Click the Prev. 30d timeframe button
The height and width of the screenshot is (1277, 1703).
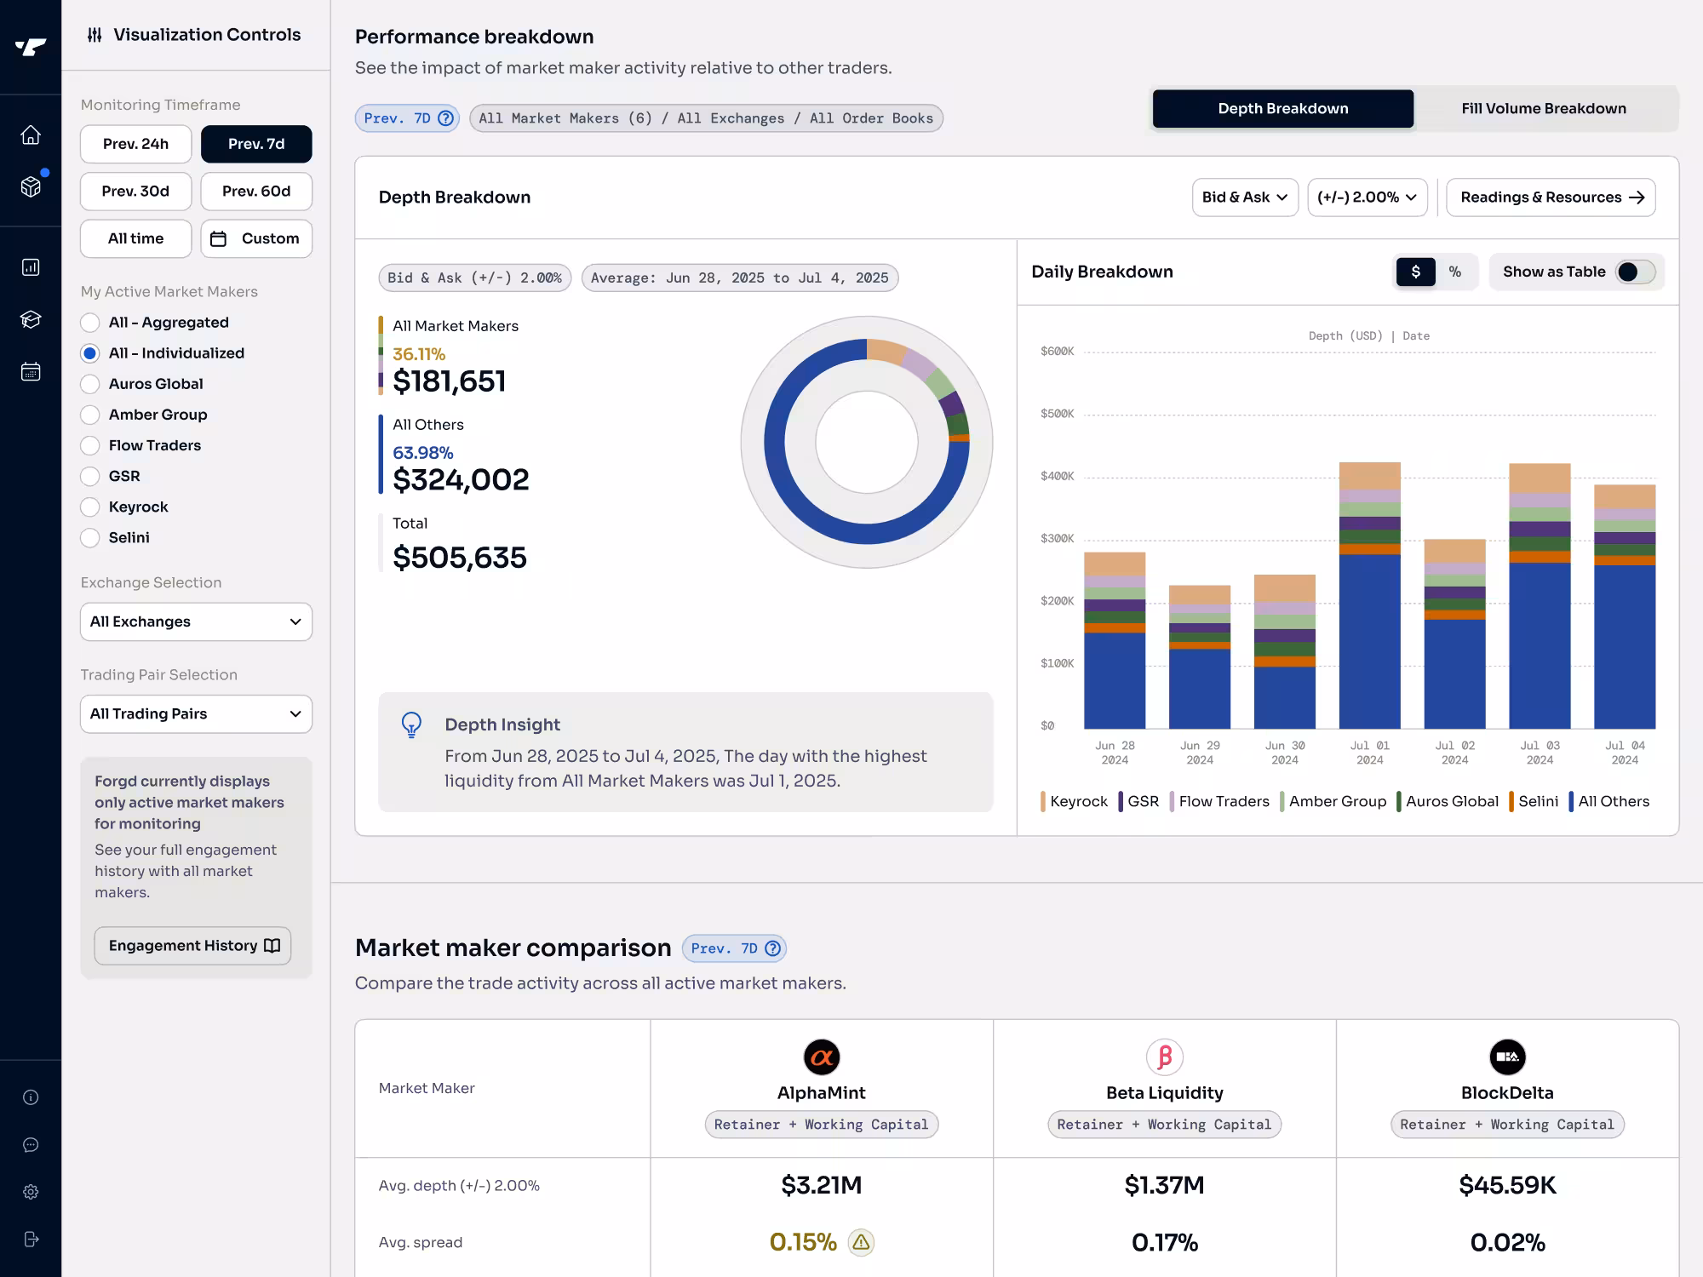coord(135,192)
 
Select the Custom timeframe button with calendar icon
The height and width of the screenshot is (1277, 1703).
coord(256,238)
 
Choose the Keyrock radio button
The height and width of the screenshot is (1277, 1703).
coord(90,507)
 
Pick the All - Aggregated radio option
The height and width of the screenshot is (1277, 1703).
coord(90,323)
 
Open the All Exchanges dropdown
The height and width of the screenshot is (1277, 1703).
coord(196,621)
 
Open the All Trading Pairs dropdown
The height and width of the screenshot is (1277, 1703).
coord(196,714)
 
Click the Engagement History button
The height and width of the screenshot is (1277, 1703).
coord(192,946)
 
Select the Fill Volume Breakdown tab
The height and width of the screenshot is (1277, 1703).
coord(1543,108)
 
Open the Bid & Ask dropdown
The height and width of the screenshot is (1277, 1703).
coord(1244,198)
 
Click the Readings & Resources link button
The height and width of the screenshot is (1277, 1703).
coord(1550,198)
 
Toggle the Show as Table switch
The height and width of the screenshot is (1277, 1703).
coord(1634,272)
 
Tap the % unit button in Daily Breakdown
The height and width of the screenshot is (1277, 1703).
coord(1454,272)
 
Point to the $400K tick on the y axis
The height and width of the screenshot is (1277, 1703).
coord(1057,476)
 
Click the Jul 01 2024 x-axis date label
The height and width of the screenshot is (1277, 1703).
coord(1369,753)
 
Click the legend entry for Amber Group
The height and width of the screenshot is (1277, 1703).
coord(1336,802)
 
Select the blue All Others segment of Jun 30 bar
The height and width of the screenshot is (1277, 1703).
coord(1284,697)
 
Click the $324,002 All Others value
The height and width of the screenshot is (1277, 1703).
coord(461,480)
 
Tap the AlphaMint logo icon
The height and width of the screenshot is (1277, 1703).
coord(822,1057)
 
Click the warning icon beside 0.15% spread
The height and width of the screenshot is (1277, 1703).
coord(861,1243)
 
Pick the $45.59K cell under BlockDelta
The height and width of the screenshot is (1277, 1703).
coord(1507,1185)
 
